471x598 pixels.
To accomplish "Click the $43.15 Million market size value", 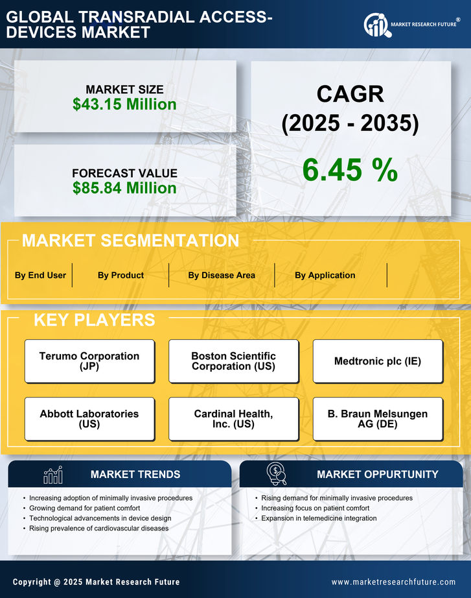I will [x=124, y=104].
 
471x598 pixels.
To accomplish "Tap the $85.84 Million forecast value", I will [x=124, y=188].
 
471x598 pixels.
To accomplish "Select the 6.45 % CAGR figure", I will [x=350, y=170].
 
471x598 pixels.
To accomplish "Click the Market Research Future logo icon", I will [x=376, y=25].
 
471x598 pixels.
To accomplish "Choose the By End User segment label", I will [x=40, y=275].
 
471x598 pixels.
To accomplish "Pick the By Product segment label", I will [x=121, y=275].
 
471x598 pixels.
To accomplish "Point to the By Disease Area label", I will [x=222, y=275].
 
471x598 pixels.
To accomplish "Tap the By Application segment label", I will [x=325, y=275].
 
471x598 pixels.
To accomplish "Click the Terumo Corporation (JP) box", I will [x=89, y=361].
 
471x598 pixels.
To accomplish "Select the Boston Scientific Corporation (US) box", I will [x=233, y=361].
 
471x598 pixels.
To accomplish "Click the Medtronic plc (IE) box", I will [x=378, y=361].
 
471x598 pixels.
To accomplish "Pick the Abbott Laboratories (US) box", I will [x=89, y=419].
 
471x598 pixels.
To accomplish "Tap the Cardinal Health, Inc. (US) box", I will [x=233, y=419].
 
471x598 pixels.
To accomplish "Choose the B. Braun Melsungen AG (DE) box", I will [x=378, y=419].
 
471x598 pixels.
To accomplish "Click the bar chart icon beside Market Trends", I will [x=52, y=475].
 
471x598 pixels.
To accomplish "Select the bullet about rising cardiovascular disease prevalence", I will [x=98, y=529].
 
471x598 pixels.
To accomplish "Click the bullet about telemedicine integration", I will [x=319, y=518].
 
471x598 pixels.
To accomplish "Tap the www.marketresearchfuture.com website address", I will [x=393, y=582].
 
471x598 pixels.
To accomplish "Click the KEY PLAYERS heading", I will [x=94, y=320].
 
